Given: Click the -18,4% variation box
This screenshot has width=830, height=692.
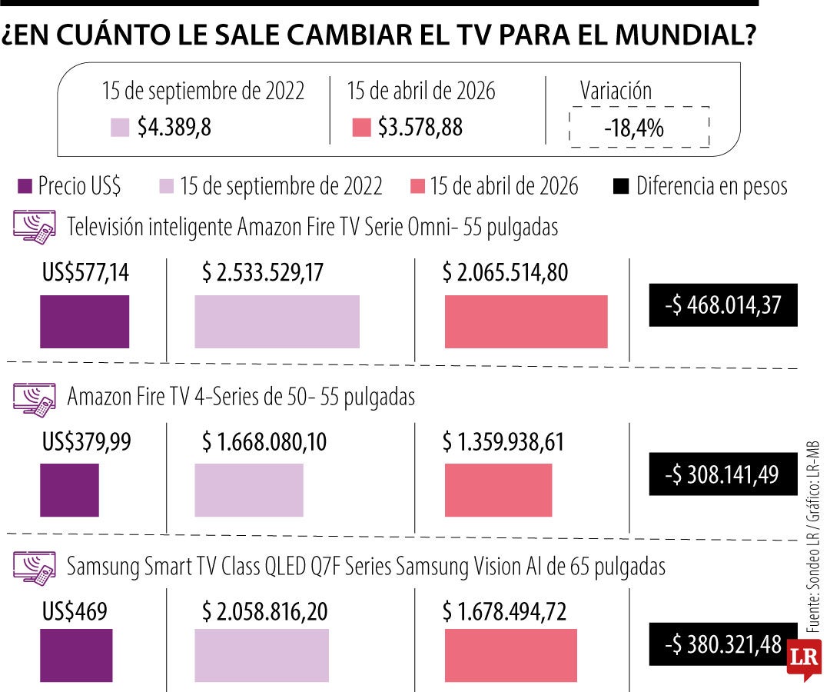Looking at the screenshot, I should point(639,128).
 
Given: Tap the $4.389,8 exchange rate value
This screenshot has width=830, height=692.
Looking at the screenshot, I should point(174,128).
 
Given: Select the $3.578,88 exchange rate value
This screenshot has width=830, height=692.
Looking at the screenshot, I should point(420,128).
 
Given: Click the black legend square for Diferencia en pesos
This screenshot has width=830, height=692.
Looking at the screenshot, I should point(622,186).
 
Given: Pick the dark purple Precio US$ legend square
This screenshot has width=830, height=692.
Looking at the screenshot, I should point(25,186).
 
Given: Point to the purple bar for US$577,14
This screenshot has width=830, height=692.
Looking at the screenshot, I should point(85,321).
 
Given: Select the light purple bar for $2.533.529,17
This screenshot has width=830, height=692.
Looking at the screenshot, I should point(277,321).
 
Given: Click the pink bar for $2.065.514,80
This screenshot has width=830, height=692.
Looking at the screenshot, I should point(526,321).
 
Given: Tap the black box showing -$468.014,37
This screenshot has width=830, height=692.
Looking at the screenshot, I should point(722,305).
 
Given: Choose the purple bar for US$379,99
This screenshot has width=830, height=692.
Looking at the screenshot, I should point(69,490).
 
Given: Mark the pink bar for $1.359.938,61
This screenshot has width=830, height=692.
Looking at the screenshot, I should point(498,490).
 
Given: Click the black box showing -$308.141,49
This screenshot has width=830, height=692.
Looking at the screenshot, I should point(722,474).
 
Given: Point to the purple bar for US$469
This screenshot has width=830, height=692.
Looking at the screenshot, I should point(76,655).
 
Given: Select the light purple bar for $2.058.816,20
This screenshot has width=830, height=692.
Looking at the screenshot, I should point(261,655).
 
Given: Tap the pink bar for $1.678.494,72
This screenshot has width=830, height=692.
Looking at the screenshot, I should point(510,655).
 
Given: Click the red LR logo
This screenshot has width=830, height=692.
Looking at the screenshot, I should point(803,660).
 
